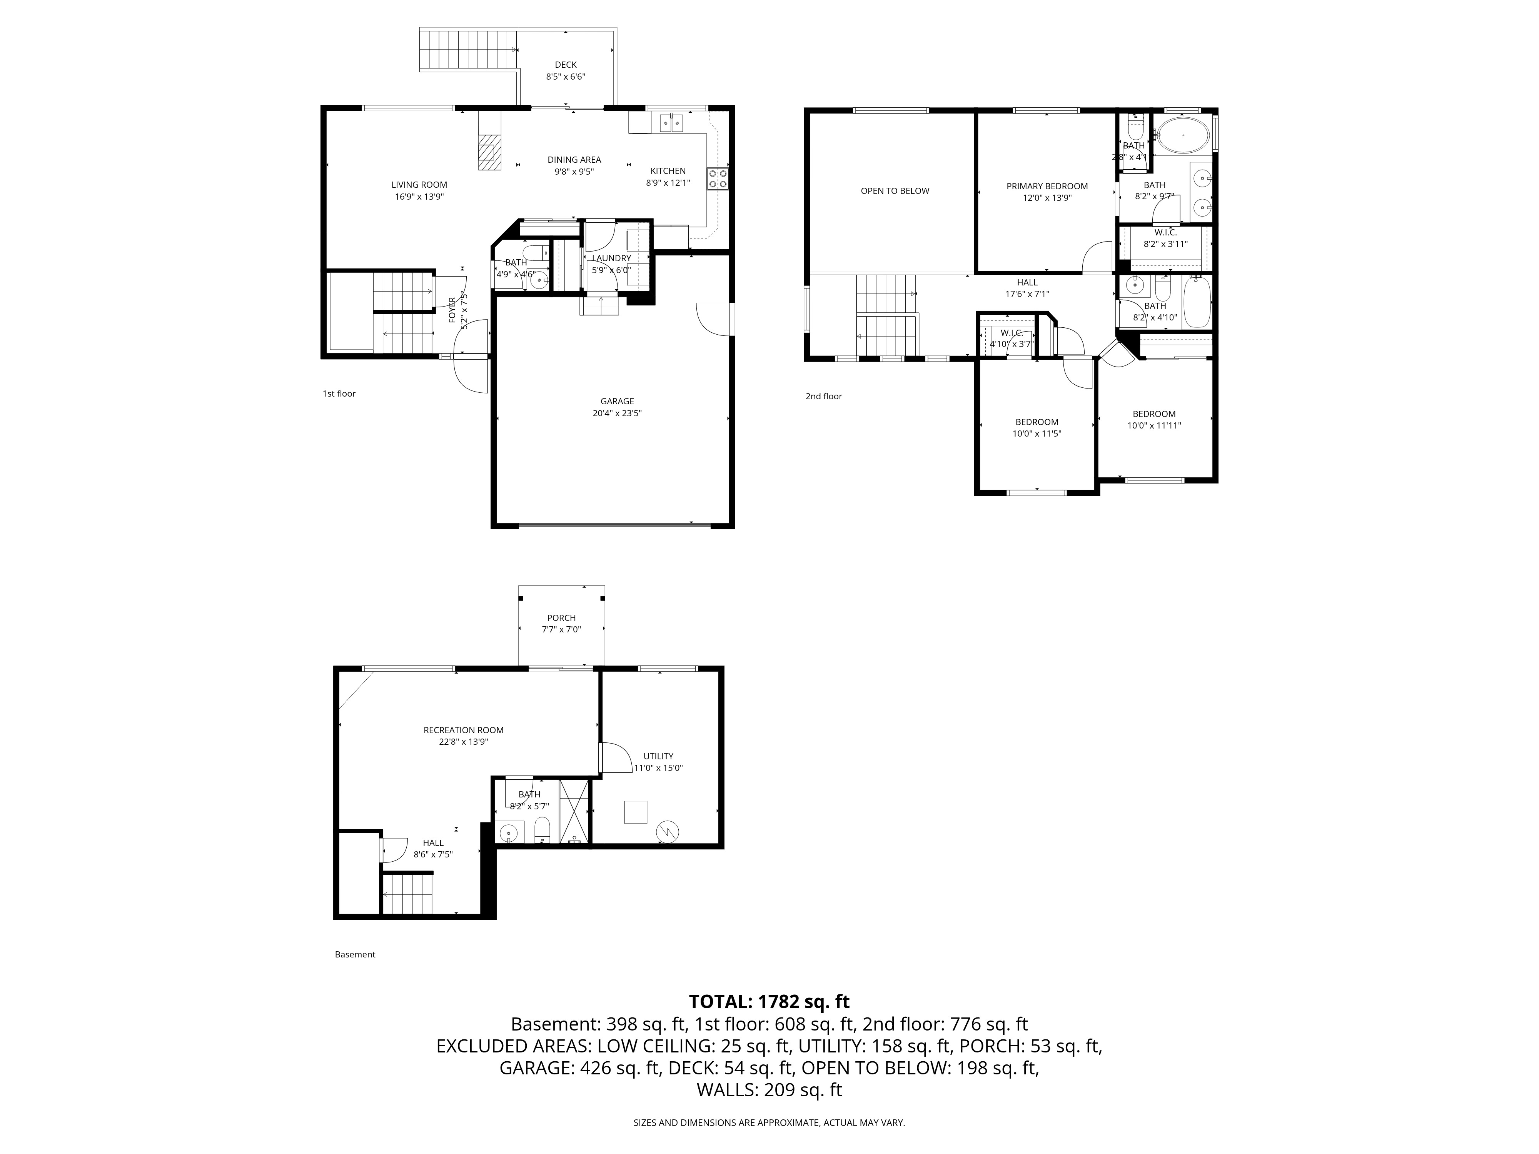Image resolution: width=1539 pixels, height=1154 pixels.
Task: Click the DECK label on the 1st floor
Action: point(566,65)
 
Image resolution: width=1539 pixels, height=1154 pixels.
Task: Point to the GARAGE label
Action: point(617,401)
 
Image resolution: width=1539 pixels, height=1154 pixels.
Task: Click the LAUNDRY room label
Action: point(612,258)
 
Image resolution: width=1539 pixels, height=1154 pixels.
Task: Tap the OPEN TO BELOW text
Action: point(895,190)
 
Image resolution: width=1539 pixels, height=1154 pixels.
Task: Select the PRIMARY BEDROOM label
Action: point(1047,186)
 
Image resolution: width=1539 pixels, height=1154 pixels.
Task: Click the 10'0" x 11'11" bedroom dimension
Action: point(1154,426)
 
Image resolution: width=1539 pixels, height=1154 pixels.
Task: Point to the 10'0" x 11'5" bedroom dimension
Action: point(1037,434)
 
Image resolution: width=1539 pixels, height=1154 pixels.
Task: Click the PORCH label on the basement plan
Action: point(561,618)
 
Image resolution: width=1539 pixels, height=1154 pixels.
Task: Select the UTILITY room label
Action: point(658,756)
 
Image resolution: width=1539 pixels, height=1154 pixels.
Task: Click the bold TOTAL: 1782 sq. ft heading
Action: point(769,1002)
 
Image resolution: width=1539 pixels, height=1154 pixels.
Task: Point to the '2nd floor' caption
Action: point(824,397)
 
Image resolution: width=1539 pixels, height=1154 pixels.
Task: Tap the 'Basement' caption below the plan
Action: point(355,954)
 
